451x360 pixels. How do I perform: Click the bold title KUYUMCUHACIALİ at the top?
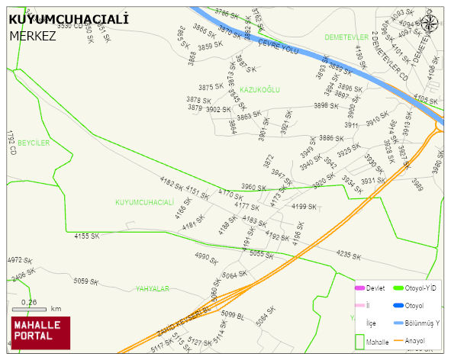pyautogui.click(x=68, y=19)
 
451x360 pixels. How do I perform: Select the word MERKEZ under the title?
pyautogui.click(x=33, y=35)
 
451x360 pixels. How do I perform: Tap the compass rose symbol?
pyautogui.click(x=430, y=23)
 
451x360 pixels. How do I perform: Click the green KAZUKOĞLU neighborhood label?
pyautogui.click(x=260, y=90)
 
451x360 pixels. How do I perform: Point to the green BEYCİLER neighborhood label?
pyautogui.click(x=34, y=143)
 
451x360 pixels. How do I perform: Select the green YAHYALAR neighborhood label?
pyautogui.click(x=152, y=288)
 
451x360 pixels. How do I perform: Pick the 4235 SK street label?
pyautogui.click(x=348, y=255)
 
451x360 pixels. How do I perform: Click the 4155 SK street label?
pyautogui.click(x=86, y=236)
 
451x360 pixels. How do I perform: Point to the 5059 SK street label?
pyautogui.click(x=86, y=281)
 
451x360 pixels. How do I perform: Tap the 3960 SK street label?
pyautogui.click(x=253, y=187)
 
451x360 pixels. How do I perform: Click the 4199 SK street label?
pyautogui.click(x=304, y=207)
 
